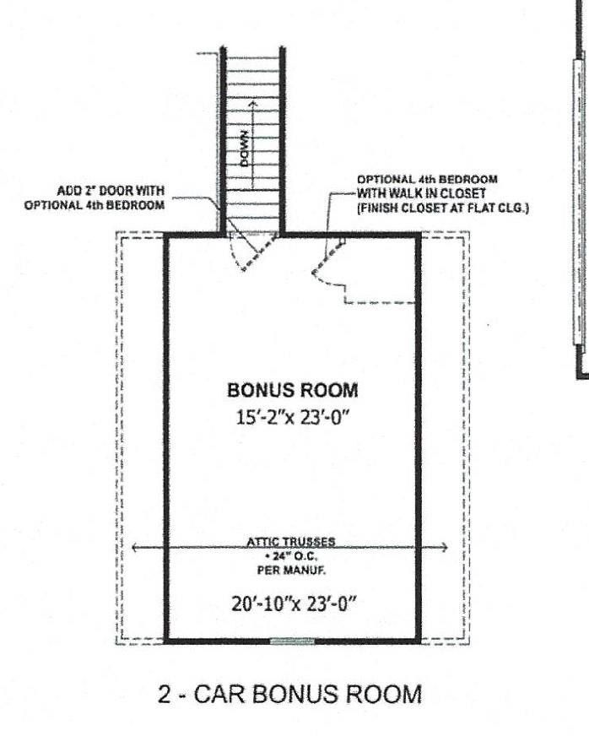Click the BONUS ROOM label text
293,391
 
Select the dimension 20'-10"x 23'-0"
293,603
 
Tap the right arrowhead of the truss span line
446,548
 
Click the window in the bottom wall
291,641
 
